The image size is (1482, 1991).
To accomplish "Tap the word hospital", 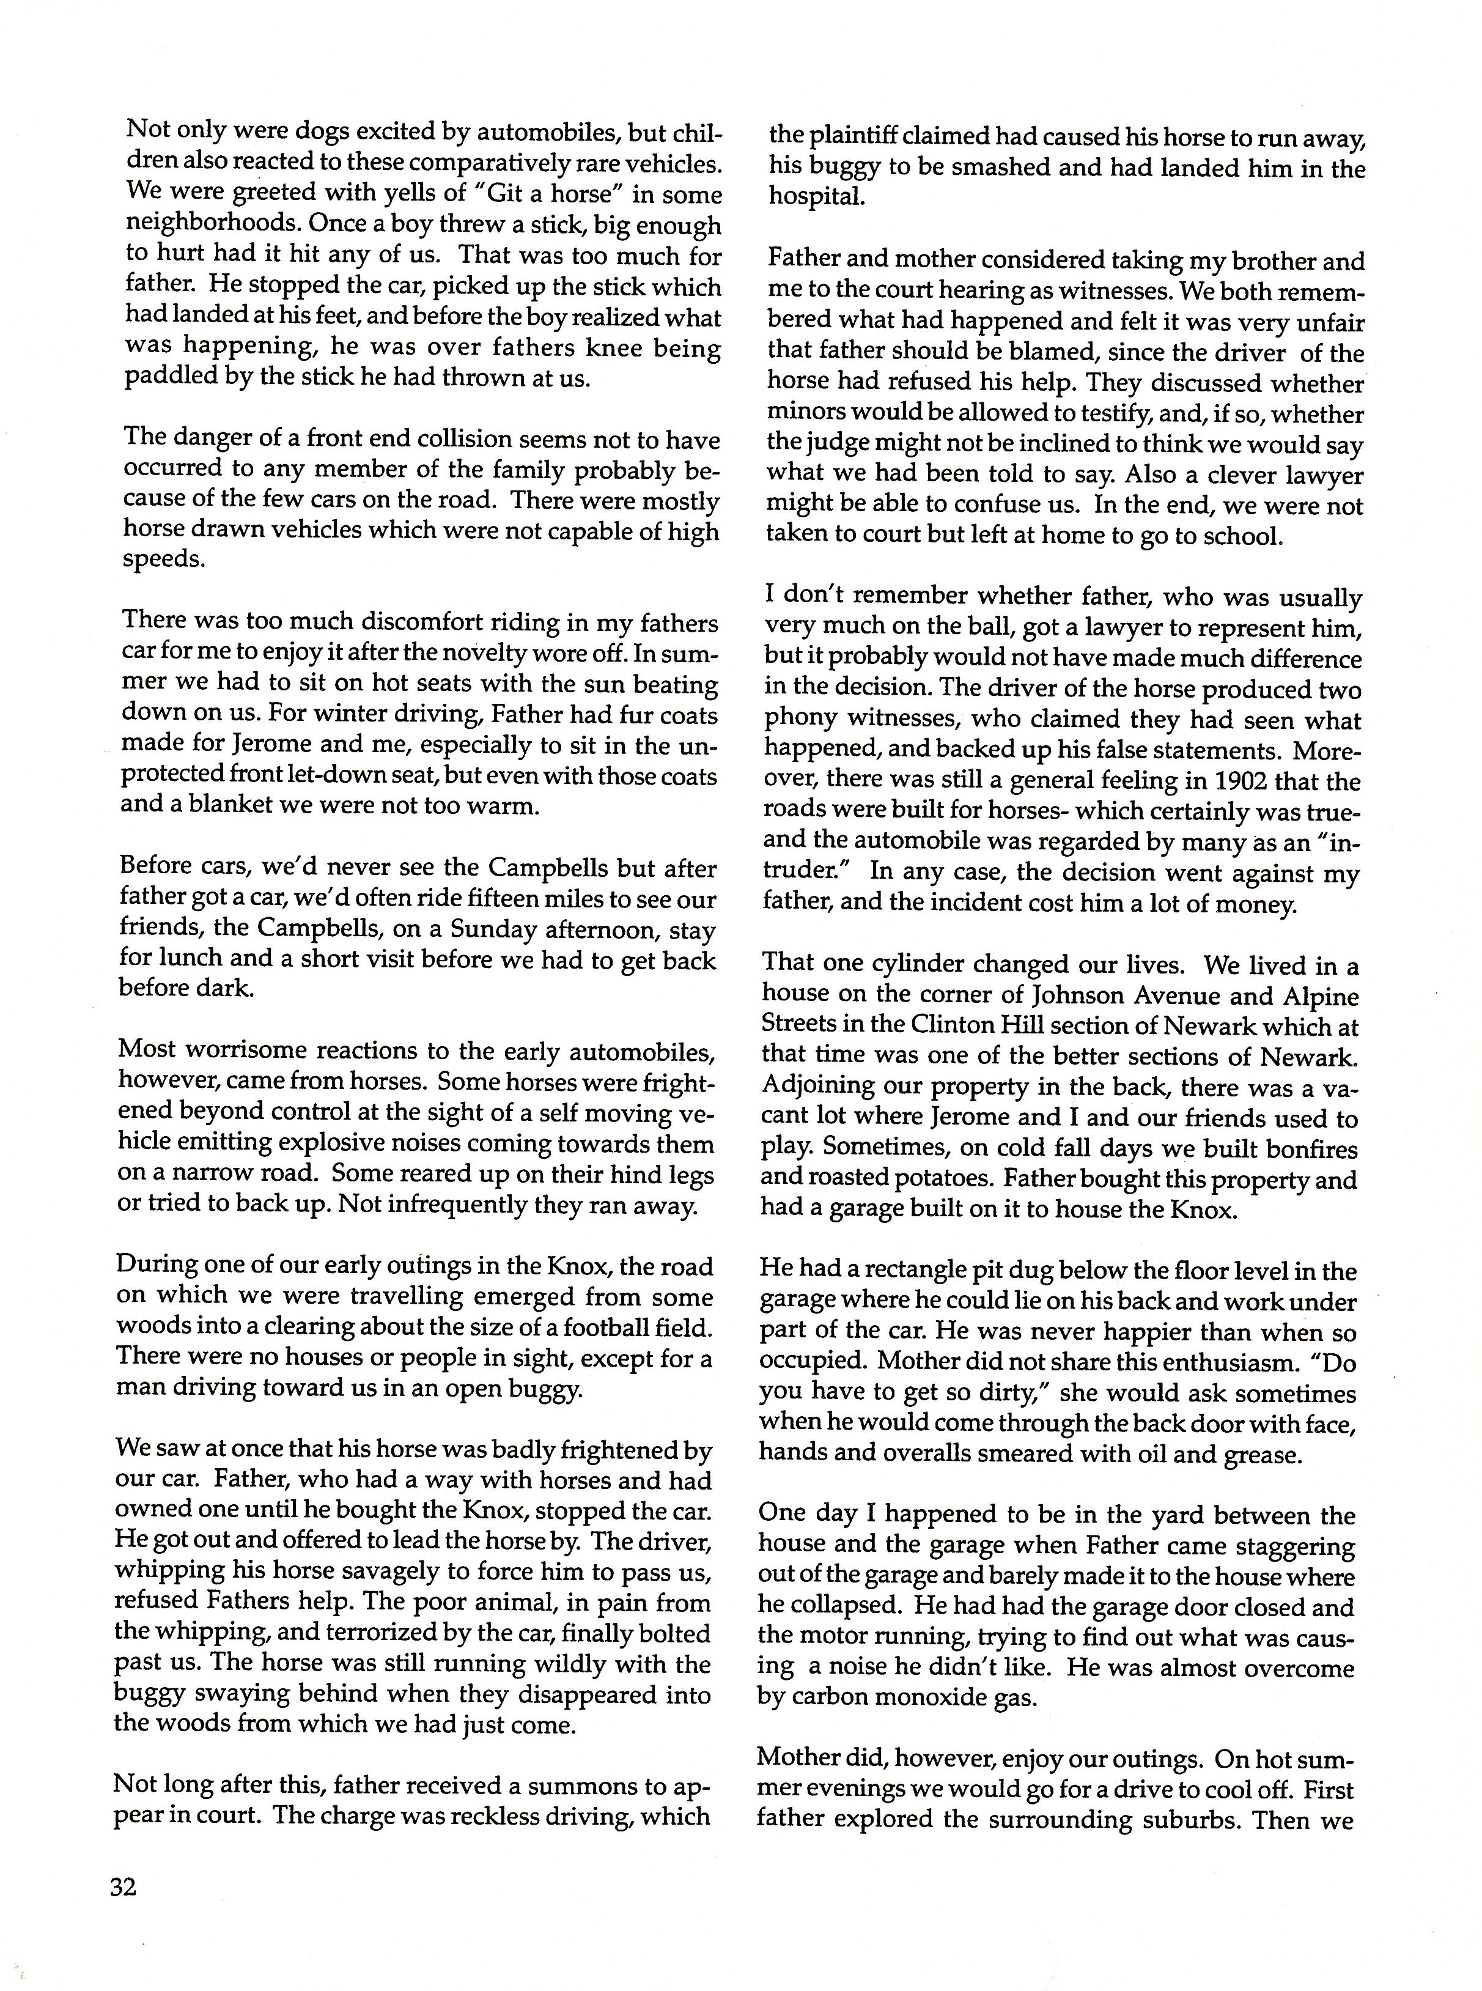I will [x=816, y=198].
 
